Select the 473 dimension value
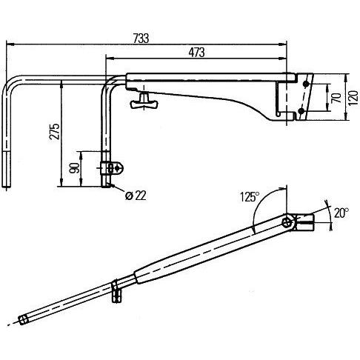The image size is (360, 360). pos(196,53)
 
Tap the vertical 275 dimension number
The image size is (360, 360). pos(53,133)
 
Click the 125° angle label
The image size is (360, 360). pos(250,197)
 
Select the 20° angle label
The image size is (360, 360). pos(340,213)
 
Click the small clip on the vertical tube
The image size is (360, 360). pos(112,167)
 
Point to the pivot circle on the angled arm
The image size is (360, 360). pos(288,222)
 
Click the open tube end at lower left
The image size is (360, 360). pos(23,320)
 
